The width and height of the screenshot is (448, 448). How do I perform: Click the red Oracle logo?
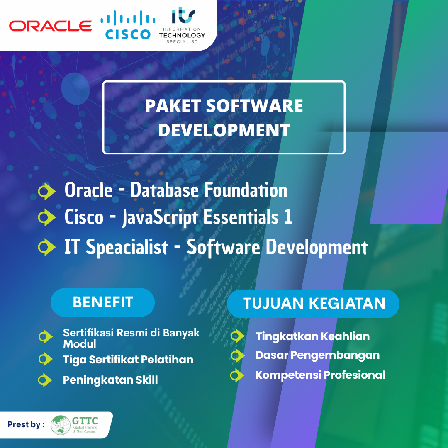pyautogui.click(x=50, y=26)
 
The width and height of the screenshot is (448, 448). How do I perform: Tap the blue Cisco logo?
pyautogui.click(x=128, y=25)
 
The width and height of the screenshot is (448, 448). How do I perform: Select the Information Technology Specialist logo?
pyautogui.click(x=182, y=25)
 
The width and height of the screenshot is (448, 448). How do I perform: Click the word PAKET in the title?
pyautogui.click(x=173, y=106)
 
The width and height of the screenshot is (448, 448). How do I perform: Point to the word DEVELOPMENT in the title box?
pyautogui.click(x=224, y=130)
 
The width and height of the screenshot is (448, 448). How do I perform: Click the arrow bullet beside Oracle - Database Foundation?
pyautogui.click(x=46, y=191)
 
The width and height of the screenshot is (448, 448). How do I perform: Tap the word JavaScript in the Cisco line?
pyautogui.click(x=160, y=217)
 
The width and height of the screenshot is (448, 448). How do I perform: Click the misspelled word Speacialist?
pyautogui.click(x=127, y=247)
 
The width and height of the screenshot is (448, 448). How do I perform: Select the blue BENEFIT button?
pyautogui.click(x=102, y=302)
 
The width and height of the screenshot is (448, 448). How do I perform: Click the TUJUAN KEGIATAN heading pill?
pyautogui.click(x=313, y=304)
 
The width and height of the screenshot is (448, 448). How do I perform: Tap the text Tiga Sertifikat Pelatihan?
pyautogui.click(x=128, y=359)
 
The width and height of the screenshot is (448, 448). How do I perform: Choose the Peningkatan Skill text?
pyautogui.click(x=110, y=380)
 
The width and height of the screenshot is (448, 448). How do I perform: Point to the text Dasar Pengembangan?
pyautogui.click(x=317, y=355)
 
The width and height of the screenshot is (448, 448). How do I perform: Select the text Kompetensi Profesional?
pyautogui.click(x=320, y=375)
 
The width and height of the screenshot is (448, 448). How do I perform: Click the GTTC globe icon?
pyautogui.click(x=61, y=425)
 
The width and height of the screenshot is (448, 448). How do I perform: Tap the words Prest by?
pyautogui.click(x=26, y=425)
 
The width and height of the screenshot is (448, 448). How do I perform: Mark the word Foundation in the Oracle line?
pyautogui.click(x=246, y=190)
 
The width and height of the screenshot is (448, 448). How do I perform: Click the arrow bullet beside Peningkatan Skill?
pyautogui.click(x=45, y=380)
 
